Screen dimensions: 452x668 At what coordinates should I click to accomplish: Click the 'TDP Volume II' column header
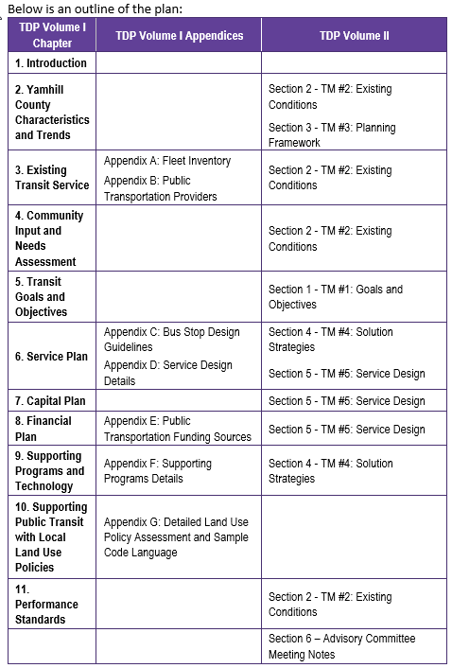354,35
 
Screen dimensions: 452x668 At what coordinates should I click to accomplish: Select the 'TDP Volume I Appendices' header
179,35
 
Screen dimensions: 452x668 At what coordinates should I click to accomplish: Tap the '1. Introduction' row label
51,63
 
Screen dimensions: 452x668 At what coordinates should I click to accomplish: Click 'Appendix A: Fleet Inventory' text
167,161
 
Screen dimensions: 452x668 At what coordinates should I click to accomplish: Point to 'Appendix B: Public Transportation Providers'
161,188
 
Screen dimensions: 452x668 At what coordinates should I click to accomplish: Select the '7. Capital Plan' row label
50,401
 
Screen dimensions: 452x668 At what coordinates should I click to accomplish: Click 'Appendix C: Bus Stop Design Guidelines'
172,340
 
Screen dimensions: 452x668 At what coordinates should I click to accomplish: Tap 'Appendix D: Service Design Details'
167,373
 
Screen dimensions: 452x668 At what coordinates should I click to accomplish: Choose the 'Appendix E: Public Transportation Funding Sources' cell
178,429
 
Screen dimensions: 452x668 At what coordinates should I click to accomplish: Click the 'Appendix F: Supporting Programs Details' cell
158,471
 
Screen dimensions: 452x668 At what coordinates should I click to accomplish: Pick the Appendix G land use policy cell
176,536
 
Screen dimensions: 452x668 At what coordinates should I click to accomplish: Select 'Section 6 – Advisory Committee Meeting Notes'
341,646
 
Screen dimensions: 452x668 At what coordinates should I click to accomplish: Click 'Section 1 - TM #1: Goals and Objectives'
336,297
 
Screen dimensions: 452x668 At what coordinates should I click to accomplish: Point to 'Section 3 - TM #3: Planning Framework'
332,134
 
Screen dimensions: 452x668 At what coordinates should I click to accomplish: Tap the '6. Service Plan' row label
51,357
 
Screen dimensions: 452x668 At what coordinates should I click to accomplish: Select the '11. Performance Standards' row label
46,604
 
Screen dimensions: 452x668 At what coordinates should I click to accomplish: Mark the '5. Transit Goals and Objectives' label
41,297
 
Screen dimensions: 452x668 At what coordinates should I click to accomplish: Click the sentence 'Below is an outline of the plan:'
94,9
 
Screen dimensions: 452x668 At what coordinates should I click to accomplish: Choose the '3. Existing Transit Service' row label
52,177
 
